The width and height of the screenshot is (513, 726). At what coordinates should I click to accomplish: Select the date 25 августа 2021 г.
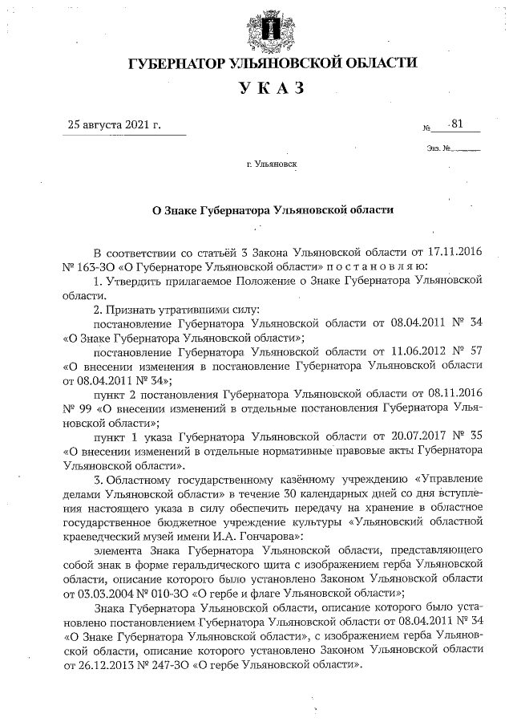point(115,125)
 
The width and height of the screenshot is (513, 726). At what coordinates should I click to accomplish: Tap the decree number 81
point(458,124)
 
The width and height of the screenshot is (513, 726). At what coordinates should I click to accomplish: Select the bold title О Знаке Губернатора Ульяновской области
point(273,209)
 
